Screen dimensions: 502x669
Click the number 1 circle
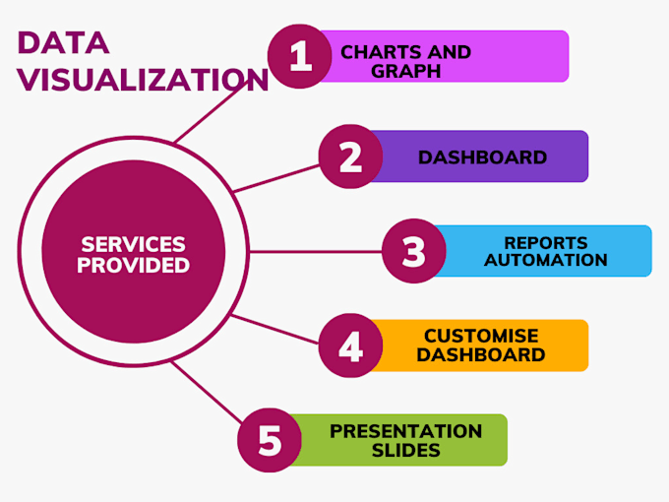[x=300, y=56]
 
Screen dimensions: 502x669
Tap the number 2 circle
[x=351, y=157]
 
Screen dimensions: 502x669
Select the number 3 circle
[x=413, y=251]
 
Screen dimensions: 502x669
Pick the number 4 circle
[x=351, y=346]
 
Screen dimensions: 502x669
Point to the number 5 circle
[x=270, y=441]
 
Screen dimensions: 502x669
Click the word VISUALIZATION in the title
[x=144, y=80]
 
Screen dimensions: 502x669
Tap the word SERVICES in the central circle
[x=133, y=243]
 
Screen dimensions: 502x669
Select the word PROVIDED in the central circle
[x=135, y=265]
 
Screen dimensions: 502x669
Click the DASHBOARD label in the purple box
[x=482, y=157]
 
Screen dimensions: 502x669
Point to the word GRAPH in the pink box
[x=405, y=71]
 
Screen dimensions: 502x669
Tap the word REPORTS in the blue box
[x=545, y=242]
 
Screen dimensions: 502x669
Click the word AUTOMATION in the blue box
[x=545, y=261]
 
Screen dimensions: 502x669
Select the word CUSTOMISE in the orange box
[x=481, y=337]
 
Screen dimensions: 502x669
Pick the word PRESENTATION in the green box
[x=405, y=431]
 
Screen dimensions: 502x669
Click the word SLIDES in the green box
[x=405, y=451]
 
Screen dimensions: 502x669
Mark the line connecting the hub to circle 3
[x=315, y=251]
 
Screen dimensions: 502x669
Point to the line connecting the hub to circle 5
[x=207, y=399]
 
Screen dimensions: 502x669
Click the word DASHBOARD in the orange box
[x=481, y=355]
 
